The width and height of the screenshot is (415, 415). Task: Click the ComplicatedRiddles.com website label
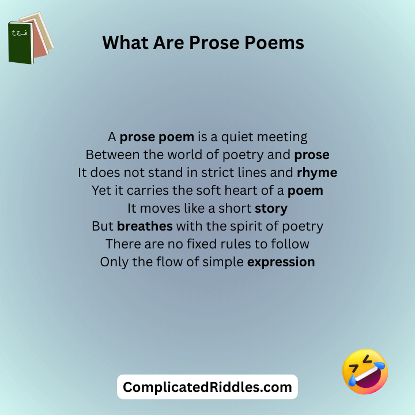(207, 387)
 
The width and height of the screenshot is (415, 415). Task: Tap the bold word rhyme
(317, 172)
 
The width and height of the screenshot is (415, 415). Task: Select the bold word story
(271, 208)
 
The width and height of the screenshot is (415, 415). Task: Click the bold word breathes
(145, 226)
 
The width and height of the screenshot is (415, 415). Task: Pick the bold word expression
(281, 262)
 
